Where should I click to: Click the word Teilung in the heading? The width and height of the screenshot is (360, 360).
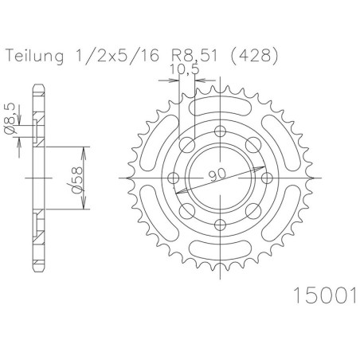[35, 57]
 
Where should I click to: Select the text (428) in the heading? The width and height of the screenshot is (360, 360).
[254, 56]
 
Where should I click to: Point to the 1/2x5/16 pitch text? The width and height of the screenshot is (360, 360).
[115, 56]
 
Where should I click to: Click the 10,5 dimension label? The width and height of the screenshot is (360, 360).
[184, 69]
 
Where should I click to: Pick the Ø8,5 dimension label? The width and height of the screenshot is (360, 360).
[10, 119]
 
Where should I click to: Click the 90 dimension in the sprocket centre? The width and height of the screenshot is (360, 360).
[217, 174]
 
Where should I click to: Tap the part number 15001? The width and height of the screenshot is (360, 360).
[325, 295]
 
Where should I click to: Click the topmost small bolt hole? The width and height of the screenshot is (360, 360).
[220, 131]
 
